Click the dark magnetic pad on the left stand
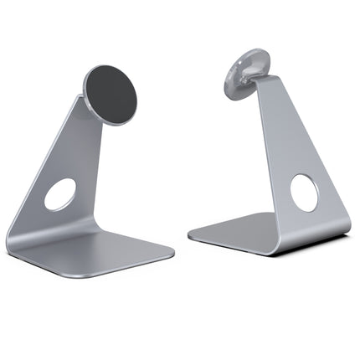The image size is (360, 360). click(x=111, y=92)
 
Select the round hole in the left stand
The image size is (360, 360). click(x=59, y=194)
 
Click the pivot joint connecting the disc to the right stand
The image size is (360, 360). click(x=256, y=83)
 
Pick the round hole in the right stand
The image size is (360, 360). click(x=304, y=193)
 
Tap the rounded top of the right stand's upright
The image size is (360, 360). click(x=273, y=79)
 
